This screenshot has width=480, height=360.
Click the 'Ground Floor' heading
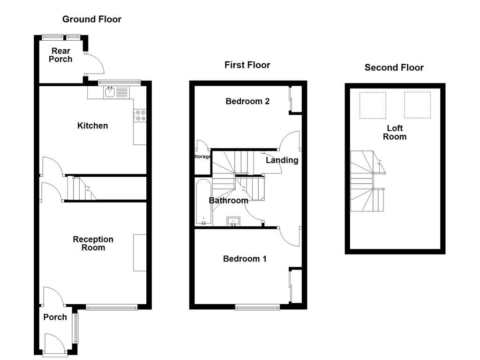(x=92, y=19)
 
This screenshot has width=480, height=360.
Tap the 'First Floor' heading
(x=247, y=65)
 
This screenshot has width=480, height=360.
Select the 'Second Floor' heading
(x=394, y=67)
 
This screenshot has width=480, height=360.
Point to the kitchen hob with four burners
(x=140, y=115)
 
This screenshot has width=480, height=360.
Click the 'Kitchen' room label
(x=92, y=126)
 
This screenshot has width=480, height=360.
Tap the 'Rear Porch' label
(x=61, y=55)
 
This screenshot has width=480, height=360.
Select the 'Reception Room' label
(x=93, y=243)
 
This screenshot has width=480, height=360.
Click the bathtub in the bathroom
(x=203, y=201)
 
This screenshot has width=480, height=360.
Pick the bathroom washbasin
(x=233, y=221)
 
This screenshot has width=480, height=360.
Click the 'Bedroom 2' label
(x=247, y=101)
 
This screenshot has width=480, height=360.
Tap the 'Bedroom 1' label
(x=245, y=259)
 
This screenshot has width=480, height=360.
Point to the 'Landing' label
(x=282, y=160)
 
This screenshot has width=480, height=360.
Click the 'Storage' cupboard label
(x=202, y=157)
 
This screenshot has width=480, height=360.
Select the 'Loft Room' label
(x=394, y=133)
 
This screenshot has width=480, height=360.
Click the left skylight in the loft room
(x=373, y=105)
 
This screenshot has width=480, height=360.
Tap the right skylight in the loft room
(x=417, y=105)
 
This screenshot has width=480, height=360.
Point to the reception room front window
(x=112, y=307)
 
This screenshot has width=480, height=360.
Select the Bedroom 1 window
(x=257, y=307)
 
